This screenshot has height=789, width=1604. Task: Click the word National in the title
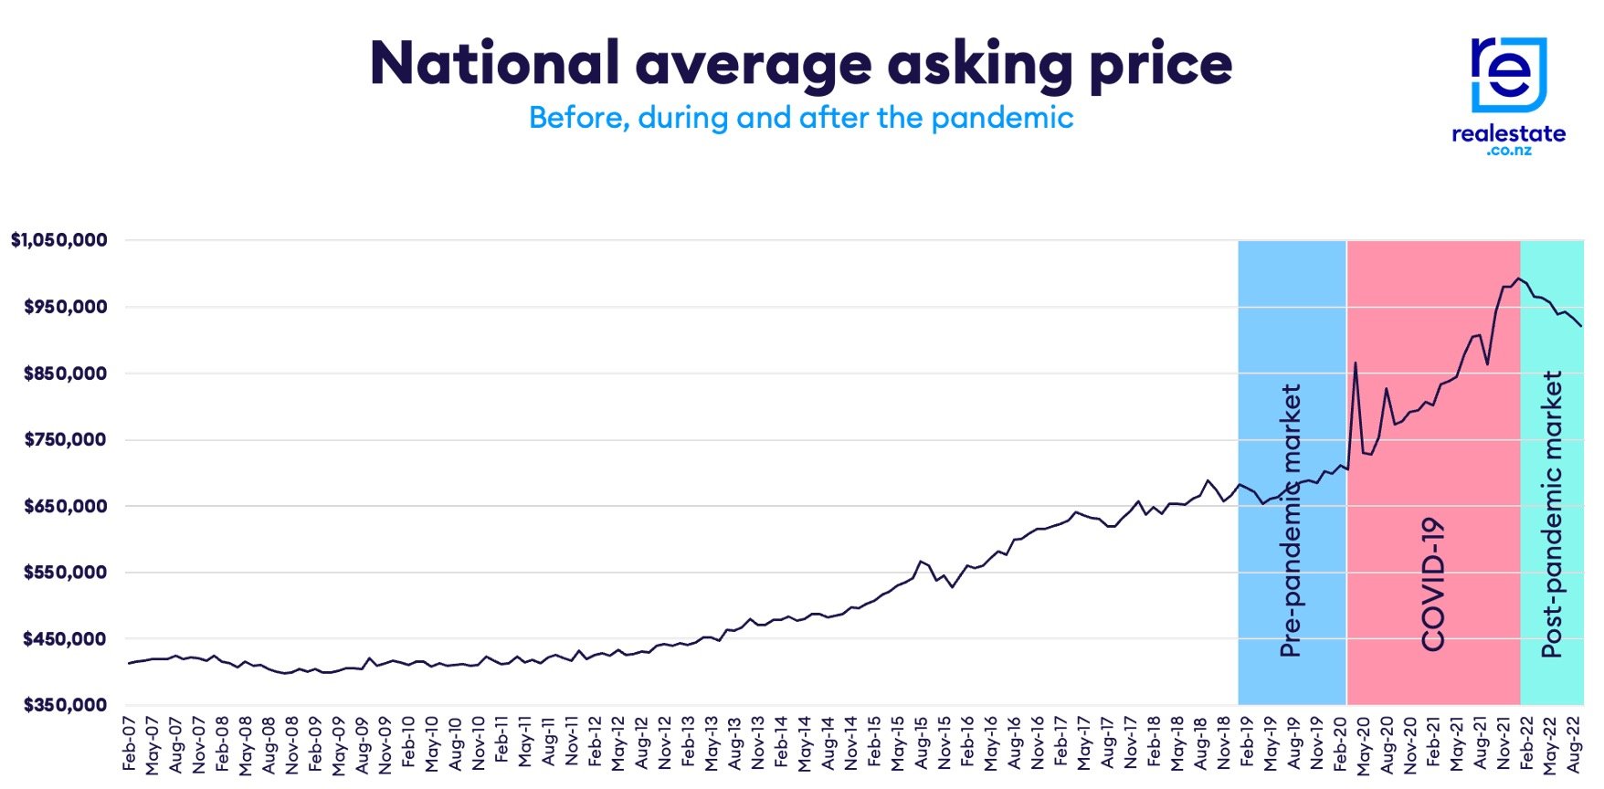pyautogui.click(x=494, y=64)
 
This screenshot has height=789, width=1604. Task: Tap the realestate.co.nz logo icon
pyautogui.click(x=1508, y=75)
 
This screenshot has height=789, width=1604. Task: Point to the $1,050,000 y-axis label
pyautogui.click(x=59, y=240)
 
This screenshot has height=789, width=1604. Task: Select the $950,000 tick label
pyautogui.click(x=66, y=307)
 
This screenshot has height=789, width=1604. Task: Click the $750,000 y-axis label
pyautogui.click(x=66, y=439)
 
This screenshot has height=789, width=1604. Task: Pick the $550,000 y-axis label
pyautogui.click(x=66, y=573)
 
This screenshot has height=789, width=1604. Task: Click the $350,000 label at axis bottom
pyautogui.click(x=66, y=705)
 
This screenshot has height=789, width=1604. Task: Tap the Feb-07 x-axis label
pyautogui.click(x=130, y=743)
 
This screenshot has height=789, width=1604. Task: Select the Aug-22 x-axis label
pyautogui.click(x=1574, y=743)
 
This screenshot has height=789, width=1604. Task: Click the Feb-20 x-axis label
pyautogui.click(x=1340, y=743)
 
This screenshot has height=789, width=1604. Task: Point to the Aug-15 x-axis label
pyautogui.click(x=922, y=743)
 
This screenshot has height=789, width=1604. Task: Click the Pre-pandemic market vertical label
pyautogui.click(x=1291, y=521)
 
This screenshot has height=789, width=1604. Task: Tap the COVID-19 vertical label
pyautogui.click(x=1433, y=584)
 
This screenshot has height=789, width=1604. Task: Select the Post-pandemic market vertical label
pyautogui.click(x=1552, y=514)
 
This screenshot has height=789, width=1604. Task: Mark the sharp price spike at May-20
pyautogui.click(x=1356, y=363)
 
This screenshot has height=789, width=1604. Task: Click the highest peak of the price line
pyautogui.click(x=1519, y=279)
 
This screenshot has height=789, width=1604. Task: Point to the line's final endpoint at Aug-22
pyautogui.click(x=1581, y=326)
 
